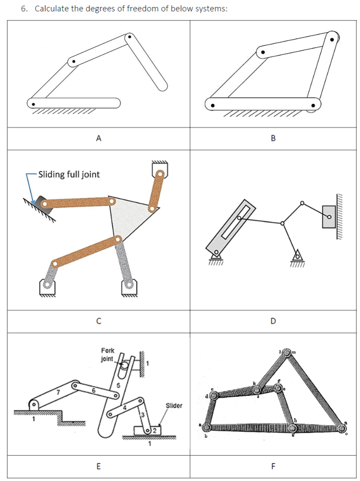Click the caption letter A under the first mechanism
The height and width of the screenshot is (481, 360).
pyautogui.click(x=99, y=139)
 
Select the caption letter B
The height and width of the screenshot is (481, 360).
pyautogui.click(x=273, y=139)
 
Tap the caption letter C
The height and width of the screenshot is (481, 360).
pyautogui.click(x=99, y=322)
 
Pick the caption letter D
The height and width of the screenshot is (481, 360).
pyautogui.click(x=273, y=322)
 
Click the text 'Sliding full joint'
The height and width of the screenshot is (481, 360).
pyautogui.click(x=69, y=174)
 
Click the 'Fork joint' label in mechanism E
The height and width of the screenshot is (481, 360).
pyautogui.click(x=107, y=355)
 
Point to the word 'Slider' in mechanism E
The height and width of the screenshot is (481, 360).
pyautogui.click(x=174, y=406)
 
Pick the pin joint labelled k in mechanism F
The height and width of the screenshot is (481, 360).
pyautogui.click(x=258, y=388)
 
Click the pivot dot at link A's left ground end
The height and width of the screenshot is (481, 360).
pyautogui.click(x=33, y=104)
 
